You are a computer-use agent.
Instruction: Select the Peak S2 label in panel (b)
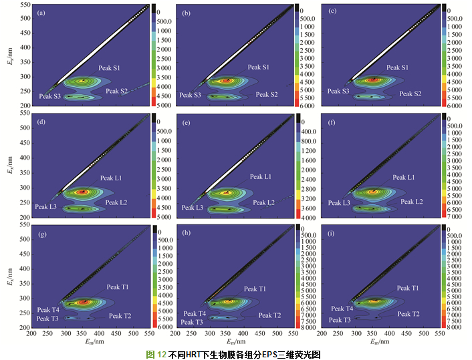tap(266, 94)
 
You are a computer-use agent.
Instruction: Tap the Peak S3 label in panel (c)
tap(336, 90)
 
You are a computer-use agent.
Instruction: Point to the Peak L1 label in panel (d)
tap(111, 178)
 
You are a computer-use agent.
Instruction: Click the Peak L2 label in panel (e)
tap(262, 202)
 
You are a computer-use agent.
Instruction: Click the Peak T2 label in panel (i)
tap(408, 314)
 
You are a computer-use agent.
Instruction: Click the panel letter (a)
tap(42, 13)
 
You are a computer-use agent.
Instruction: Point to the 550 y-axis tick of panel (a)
tap(23, 5)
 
